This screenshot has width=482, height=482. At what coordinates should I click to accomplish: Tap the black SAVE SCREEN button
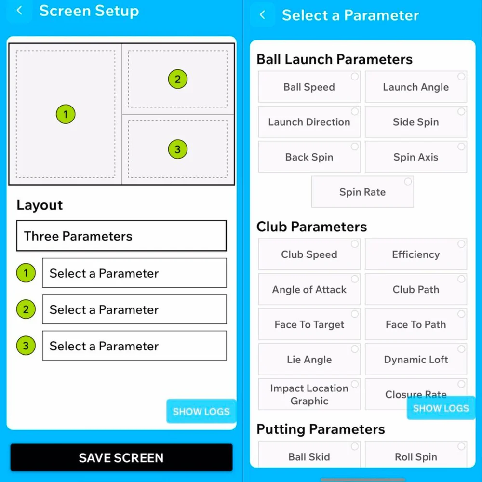[x=121, y=457]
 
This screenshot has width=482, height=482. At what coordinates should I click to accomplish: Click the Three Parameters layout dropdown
[x=121, y=236]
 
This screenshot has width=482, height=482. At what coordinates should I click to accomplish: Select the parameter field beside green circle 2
[x=134, y=309]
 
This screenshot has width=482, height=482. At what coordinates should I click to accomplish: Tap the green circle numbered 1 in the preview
[x=65, y=115]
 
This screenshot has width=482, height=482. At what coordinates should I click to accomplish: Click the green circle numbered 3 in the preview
[x=177, y=149]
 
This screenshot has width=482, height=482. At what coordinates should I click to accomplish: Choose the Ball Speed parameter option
[x=309, y=87]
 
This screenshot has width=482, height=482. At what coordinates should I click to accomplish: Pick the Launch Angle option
[x=415, y=87]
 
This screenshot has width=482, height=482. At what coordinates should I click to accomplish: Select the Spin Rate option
[x=362, y=192]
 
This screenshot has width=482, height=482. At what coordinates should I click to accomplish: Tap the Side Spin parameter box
[x=415, y=122]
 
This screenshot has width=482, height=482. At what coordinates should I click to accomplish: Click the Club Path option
[x=415, y=290]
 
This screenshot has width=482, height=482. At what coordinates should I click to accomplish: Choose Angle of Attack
[x=309, y=290]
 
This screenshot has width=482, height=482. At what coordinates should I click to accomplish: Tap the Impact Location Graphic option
[x=309, y=394]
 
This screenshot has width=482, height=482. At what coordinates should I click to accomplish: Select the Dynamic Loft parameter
[x=415, y=360]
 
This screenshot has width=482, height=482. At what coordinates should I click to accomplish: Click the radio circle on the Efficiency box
[x=461, y=244]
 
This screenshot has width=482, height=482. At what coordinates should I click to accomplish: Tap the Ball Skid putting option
[x=309, y=456]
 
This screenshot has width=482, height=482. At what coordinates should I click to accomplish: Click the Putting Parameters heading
[x=321, y=429]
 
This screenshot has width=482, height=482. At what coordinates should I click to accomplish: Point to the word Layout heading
[x=40, y=205]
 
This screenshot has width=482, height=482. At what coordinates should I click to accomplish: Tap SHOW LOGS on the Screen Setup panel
[x=201, y=412]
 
